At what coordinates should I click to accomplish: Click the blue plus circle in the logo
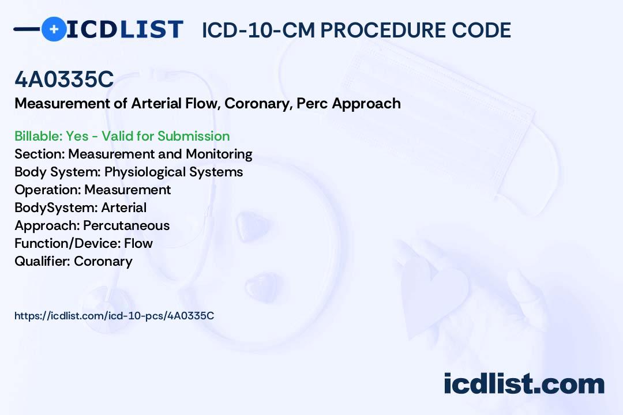coord(54,29)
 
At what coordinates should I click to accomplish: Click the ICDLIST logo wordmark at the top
coord(125,29)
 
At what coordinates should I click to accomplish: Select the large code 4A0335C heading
coord(64,80)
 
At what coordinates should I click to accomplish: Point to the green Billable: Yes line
coord(122,136)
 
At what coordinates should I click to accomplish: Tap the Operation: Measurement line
coord(92,190)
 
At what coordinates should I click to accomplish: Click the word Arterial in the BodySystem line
coord(123,207)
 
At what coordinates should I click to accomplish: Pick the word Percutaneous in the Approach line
coord(126,225)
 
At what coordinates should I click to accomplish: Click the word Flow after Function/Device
coord(138,243)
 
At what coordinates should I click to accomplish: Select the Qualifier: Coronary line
coord(73,261)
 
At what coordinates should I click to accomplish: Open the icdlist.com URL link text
coord(114,315)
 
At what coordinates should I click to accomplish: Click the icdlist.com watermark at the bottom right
coord(524,384)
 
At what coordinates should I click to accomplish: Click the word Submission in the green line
coord(193,136)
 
